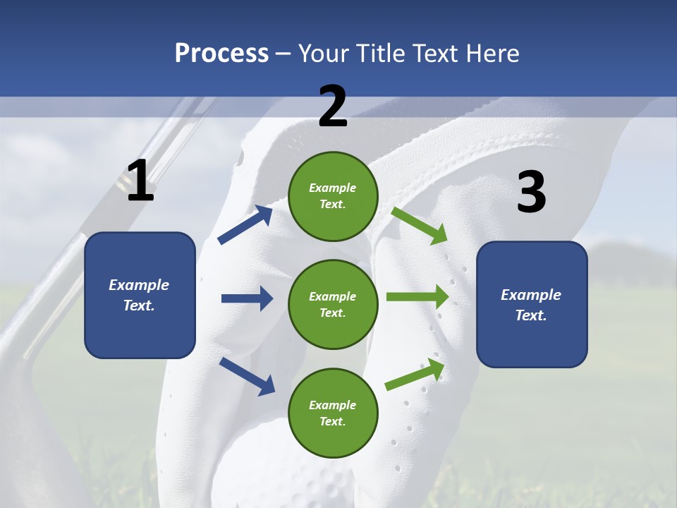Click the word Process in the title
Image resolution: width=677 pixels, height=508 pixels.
[x=221, y=54]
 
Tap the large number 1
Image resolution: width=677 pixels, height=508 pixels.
[x=140, y=181]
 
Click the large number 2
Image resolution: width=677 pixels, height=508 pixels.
[x=333, y=107]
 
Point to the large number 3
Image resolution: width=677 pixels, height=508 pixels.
[x=531, y=192]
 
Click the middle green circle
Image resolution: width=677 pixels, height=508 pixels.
[x=333, y=304]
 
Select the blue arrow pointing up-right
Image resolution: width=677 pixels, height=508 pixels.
[x=245, y=225]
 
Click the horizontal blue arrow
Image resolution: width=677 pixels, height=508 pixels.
[x=247, y=298]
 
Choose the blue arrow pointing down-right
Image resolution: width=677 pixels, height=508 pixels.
[x=247, y=375]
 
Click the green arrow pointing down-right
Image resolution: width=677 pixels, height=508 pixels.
[x=420, y=226]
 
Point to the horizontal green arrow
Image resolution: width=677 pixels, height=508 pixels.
[x=417, y=296]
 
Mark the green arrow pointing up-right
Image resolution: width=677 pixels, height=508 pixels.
[x=415, y=375]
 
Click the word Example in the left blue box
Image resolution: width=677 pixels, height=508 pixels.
[x=139, y=285]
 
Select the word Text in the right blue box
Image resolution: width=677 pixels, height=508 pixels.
[x=530, y=315]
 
